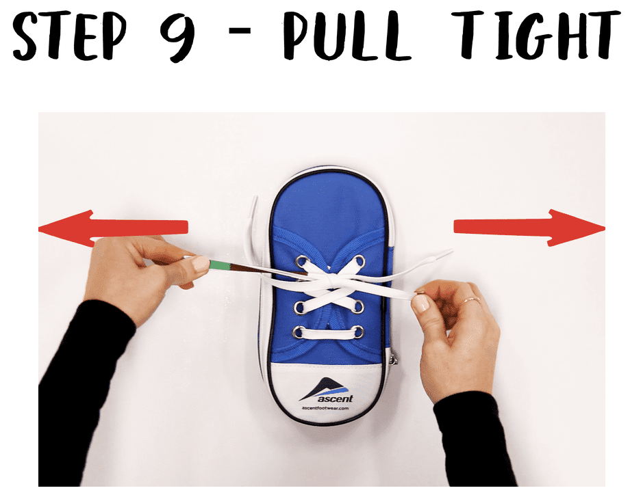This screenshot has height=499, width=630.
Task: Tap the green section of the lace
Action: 218,265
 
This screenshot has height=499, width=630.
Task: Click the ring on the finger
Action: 468,300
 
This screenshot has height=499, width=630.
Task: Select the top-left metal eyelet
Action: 302,260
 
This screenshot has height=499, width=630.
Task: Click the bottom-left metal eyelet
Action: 299,333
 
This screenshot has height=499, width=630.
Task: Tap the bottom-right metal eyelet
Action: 358,332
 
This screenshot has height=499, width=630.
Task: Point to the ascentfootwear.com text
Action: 325,408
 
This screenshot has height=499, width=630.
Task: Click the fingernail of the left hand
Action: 200,264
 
